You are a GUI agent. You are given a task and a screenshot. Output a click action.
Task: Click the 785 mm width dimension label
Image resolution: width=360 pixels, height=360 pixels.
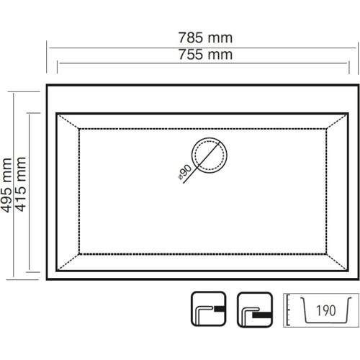tap(205, 38)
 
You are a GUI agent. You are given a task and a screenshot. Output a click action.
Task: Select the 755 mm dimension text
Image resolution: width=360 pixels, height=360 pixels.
tap(205, 55)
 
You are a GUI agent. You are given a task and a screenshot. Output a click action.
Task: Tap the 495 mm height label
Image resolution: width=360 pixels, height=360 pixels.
tap(6, 185)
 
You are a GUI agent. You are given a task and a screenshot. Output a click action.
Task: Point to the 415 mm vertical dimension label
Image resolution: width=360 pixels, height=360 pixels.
tap(21, 184)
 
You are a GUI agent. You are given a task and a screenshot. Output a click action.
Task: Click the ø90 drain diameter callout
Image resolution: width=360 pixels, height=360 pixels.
tap(185, 172)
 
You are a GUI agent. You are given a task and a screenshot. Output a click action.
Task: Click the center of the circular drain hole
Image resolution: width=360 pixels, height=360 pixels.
tap(209, 155)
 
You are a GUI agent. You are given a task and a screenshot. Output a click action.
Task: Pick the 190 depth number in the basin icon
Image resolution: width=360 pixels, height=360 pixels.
tap(325, 310)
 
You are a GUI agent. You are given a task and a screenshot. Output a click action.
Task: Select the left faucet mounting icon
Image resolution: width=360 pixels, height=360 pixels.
tap(208, 310)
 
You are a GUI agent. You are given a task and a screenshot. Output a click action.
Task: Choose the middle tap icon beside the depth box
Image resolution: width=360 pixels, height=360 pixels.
tap(255, 310)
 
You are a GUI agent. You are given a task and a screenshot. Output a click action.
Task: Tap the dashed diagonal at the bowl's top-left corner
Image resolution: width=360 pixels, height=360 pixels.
tap(68, 122)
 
